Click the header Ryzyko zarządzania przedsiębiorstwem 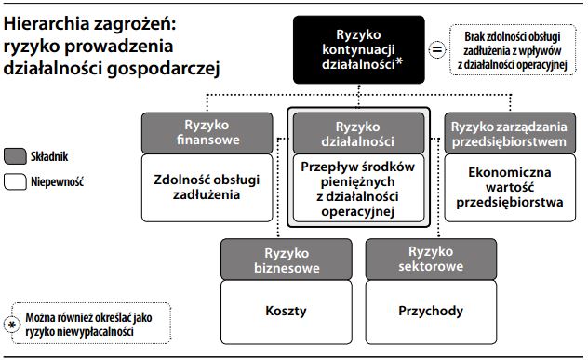pos(510,132)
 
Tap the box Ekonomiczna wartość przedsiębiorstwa pos(510,187)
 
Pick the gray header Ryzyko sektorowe pos(430,259)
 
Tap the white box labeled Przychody pos(430,313)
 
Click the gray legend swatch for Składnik pos(16,155)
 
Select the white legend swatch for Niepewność pos(16,181)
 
